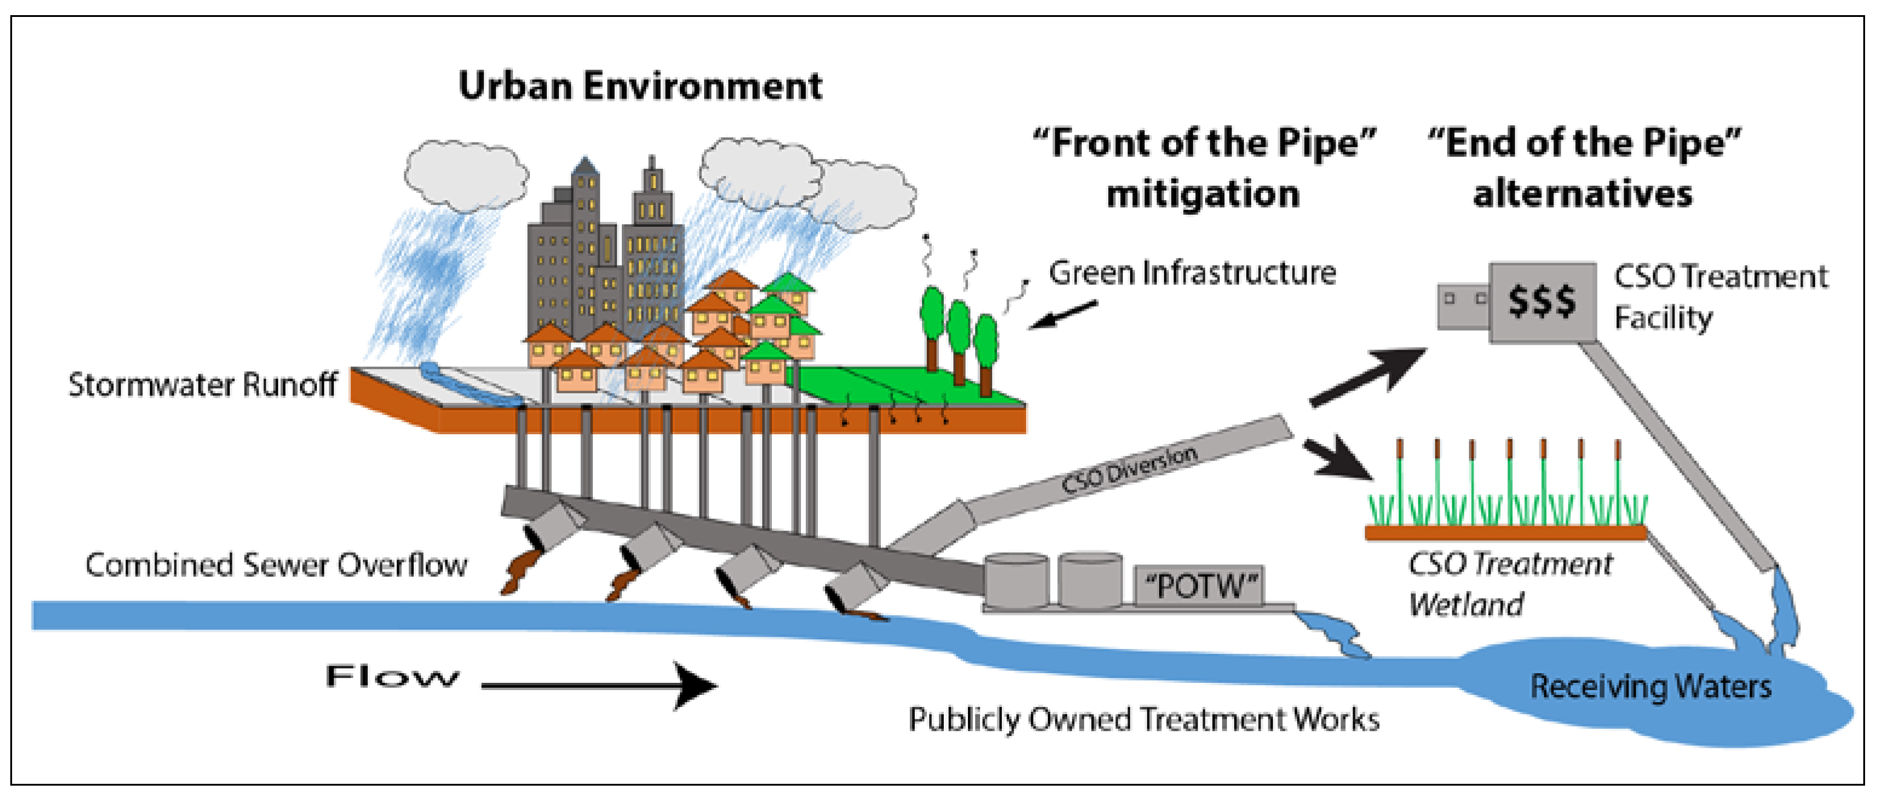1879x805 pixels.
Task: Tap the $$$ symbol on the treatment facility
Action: coord(1541,301)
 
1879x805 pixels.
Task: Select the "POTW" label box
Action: coord(1200,585)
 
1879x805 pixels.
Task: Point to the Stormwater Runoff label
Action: coord(202,384)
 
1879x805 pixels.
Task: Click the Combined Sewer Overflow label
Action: coord(276,565)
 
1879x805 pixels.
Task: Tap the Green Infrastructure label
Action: coord(1192,273)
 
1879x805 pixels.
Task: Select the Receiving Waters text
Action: coord(1650,686)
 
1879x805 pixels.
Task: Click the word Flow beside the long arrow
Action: coord(391,677)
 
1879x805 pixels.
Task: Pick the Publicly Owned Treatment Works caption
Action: coord(1143,720)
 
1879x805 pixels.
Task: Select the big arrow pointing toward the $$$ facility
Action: coord(1368,376)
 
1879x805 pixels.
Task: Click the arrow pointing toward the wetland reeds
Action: coord(1339,457)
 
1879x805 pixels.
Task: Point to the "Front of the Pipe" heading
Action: coord(1203,168)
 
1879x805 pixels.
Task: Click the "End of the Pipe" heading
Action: coord(1583,168)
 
